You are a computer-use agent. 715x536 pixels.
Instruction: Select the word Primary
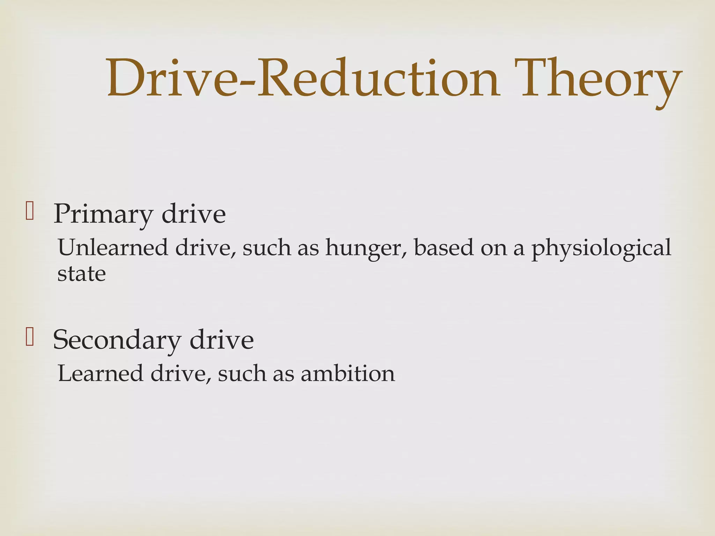click(103, 214)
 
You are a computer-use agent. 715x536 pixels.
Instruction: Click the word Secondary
click(117, 340)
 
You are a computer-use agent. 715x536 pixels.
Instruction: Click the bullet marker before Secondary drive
click(30, 337)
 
